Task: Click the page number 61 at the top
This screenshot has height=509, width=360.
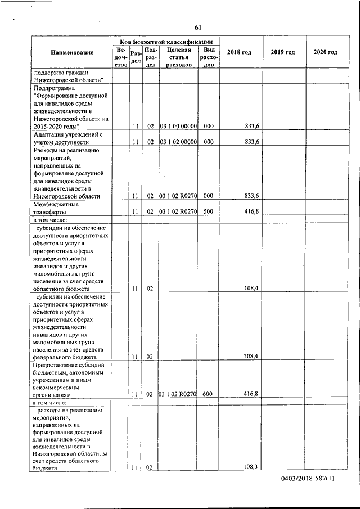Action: tap(198, 28)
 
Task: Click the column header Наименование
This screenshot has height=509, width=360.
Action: tap(71, 52)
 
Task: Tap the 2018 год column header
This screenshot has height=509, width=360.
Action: tap(239, 52)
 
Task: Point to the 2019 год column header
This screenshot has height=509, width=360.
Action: tap(282, 52)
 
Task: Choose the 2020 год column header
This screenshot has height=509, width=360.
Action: tap(325, 52)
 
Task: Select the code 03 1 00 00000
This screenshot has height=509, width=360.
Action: tap(178, 127)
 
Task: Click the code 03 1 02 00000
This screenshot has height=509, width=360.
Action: tap(178, 143)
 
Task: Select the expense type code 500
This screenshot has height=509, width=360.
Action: tap(208, 213)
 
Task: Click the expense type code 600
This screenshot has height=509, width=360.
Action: tap(208, 394)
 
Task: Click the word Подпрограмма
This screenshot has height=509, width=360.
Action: tap(55, 88)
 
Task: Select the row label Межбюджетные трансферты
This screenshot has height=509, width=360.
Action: tap(56, 209)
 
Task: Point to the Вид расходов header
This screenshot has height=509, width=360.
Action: tap(209, 57)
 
